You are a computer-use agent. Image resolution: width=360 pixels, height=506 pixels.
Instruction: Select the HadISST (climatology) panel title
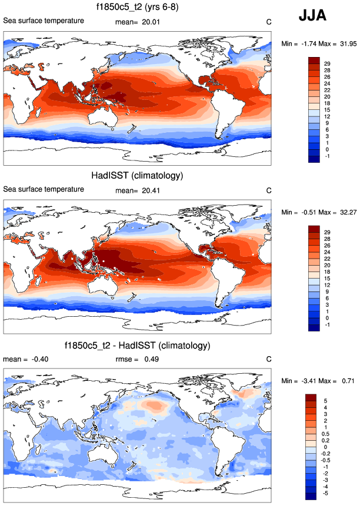(x=136, y=176)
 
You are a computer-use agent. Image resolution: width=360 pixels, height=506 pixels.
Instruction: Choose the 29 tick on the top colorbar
(x=327, y=63)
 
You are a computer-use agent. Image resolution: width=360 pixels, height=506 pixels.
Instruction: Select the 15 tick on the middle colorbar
(x=327, y=277)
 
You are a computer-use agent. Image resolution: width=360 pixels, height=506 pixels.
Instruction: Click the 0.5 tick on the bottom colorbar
(x=328, y=433)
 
